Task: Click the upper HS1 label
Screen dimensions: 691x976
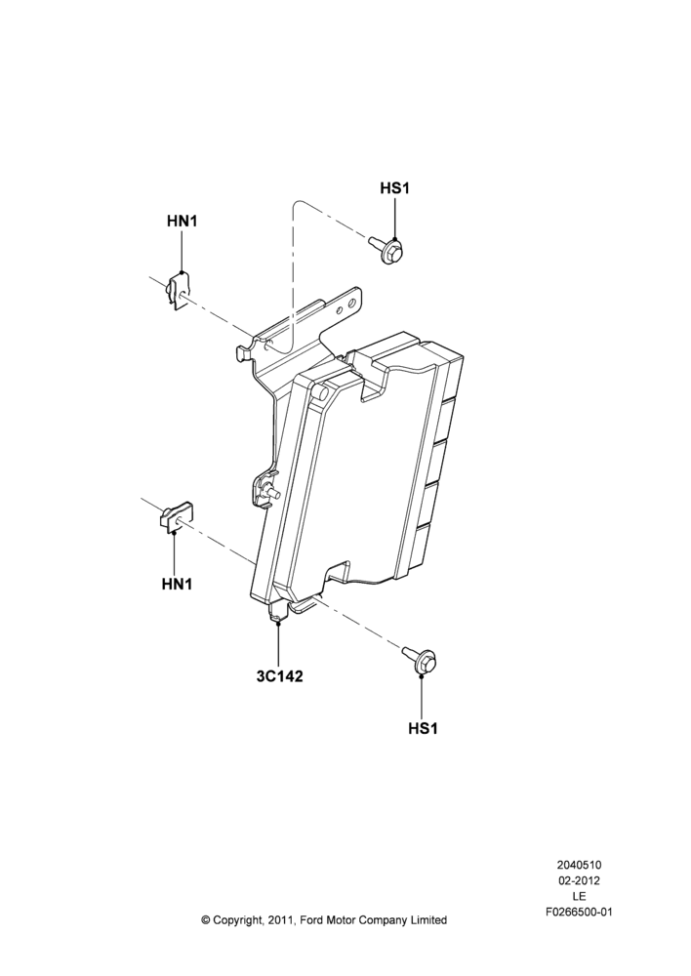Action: [394, 188]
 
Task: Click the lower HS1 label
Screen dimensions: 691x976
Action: [423, 728]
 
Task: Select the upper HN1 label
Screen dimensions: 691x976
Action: [182, 221]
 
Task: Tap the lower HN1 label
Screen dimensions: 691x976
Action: [177, 584]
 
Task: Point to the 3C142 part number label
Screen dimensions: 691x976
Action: [279, 676]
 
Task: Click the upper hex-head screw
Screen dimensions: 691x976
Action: [386, 248]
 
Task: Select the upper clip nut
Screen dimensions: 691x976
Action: [177, 291]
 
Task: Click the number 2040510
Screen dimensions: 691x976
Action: [579, 865]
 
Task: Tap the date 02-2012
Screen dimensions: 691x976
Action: [579, 880]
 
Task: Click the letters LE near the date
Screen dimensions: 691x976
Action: [579, 896]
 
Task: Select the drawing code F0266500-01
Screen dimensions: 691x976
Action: [579, 913]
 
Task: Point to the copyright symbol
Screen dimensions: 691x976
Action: [206, 920]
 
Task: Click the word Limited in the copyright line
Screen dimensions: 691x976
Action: [429, 920]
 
